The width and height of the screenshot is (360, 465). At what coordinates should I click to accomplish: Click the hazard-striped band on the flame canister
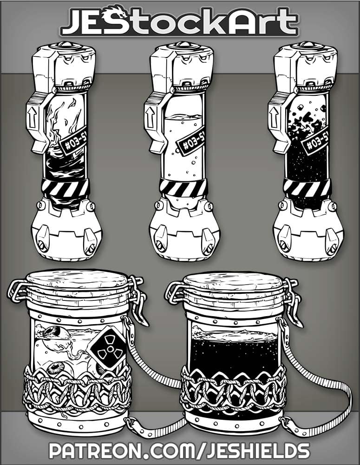click(x=65, y=188)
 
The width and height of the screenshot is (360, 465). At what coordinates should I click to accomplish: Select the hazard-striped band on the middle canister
click(x=183, y=188)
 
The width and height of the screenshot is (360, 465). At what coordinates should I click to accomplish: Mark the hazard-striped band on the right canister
click(x=307, y=188)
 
